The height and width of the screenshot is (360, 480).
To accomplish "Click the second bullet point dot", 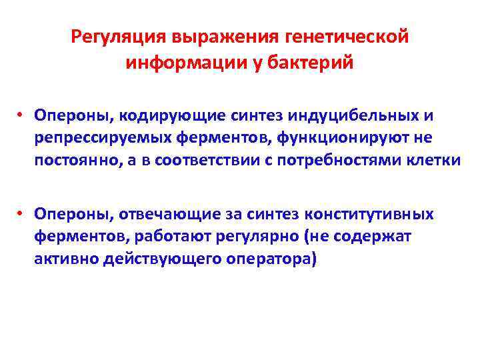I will (22, 213).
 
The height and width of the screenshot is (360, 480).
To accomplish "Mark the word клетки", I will (436, 162).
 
